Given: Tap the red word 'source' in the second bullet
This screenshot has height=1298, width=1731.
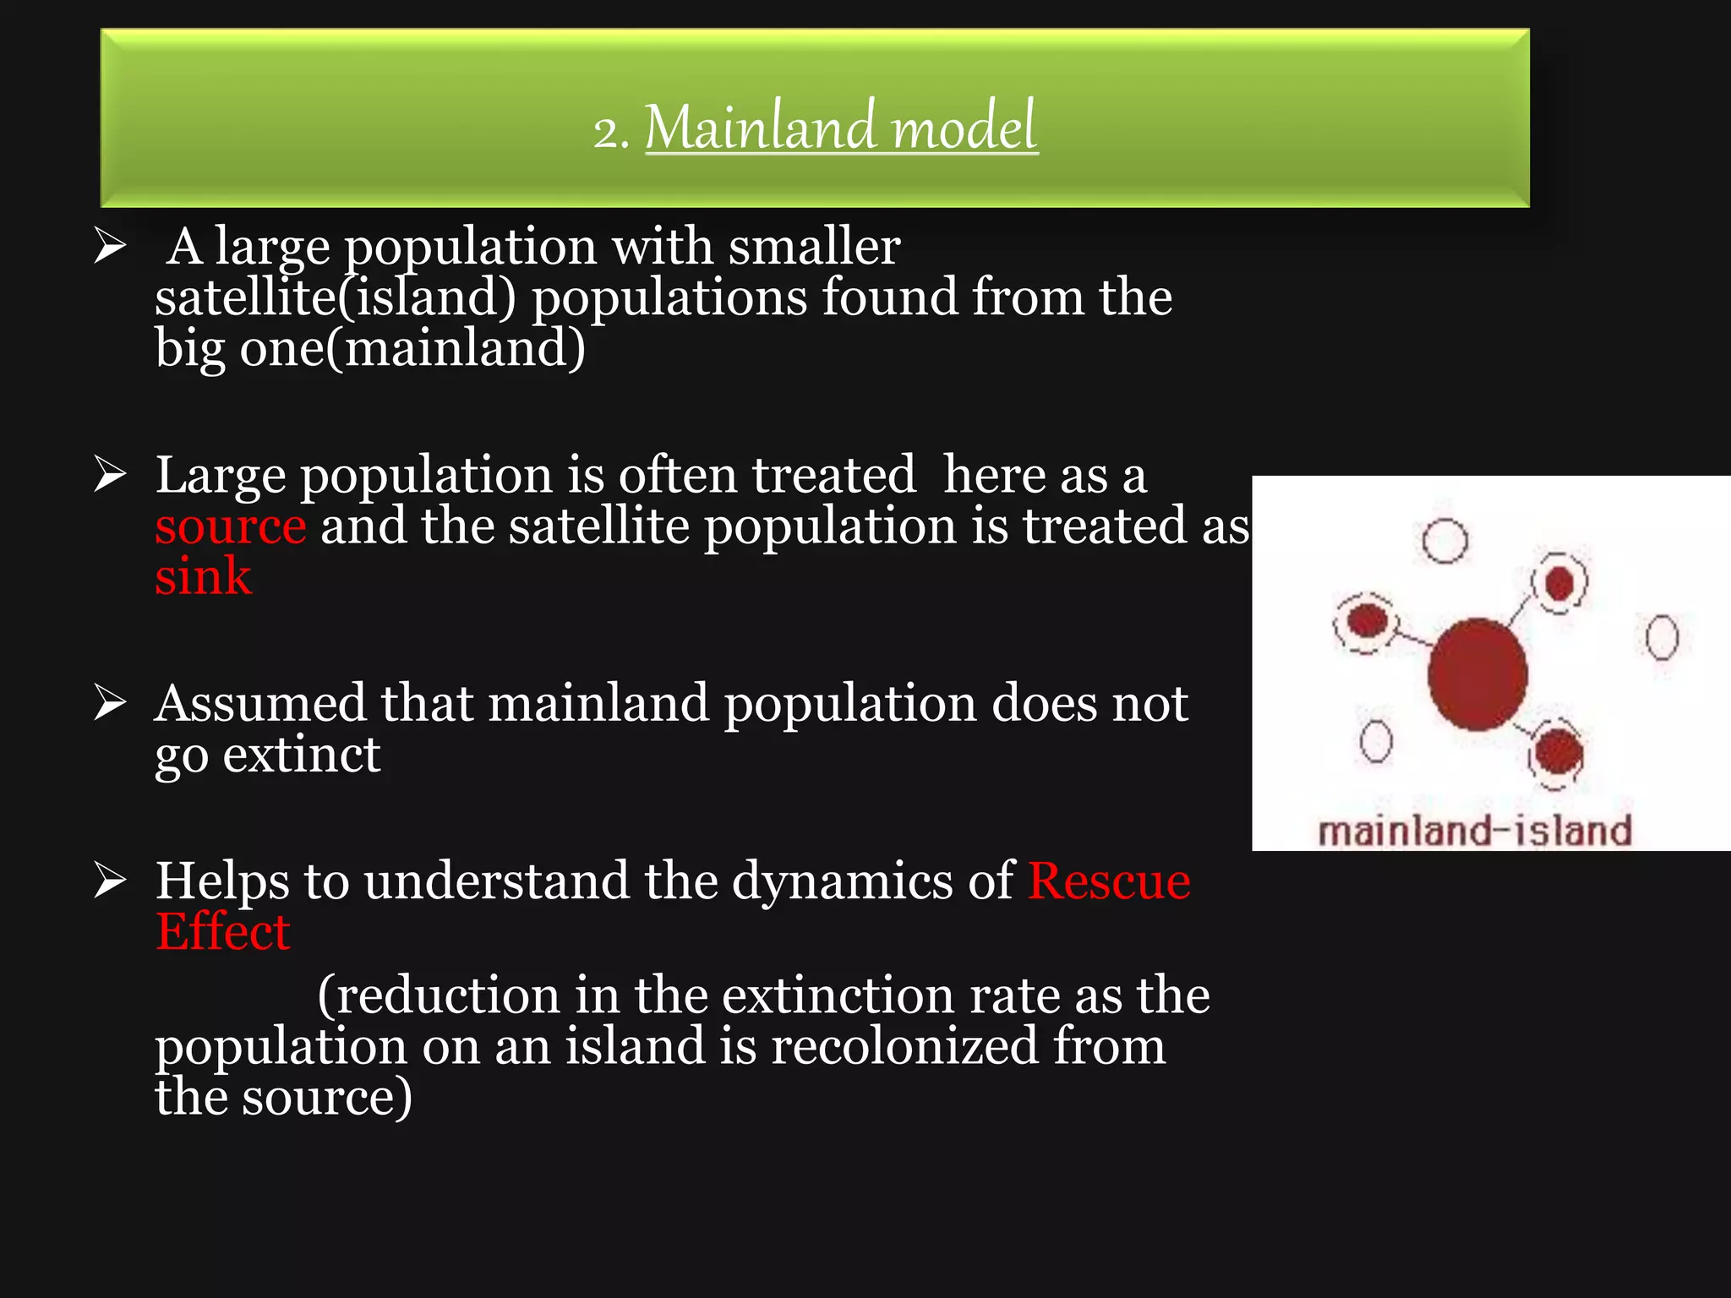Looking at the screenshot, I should coord(230,526).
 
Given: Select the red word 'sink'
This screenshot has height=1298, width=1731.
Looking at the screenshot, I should coord(203,577).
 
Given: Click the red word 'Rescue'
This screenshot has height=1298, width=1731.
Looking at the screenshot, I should coord(1109,881).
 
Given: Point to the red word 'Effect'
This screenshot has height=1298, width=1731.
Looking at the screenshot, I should coord(223,932).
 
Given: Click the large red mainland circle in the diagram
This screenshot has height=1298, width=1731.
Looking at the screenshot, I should coord(1477,674).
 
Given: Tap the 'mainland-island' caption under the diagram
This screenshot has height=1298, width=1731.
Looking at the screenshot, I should coord(1475,831).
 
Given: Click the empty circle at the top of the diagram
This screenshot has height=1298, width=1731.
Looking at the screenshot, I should coord(1444,541).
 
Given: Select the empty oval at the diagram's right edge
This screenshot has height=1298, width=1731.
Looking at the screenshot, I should coord(1662,637).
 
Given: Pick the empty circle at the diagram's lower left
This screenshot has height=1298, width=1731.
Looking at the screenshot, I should coord(1375,741).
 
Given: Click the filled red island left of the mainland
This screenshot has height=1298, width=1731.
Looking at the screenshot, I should coord(1366,621).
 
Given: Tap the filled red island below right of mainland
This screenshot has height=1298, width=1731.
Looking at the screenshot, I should coord(1557,752).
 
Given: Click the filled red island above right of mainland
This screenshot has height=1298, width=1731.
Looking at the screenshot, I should coord(1559,582).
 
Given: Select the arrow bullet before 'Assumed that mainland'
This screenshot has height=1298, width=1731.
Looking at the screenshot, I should coord(110,703).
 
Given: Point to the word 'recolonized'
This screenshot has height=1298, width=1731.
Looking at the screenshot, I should coord(904,1046).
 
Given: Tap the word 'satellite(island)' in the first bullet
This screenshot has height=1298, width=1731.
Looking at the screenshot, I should coord(335,297).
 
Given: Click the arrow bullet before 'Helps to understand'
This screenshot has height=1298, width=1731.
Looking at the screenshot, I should coord(110,881).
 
